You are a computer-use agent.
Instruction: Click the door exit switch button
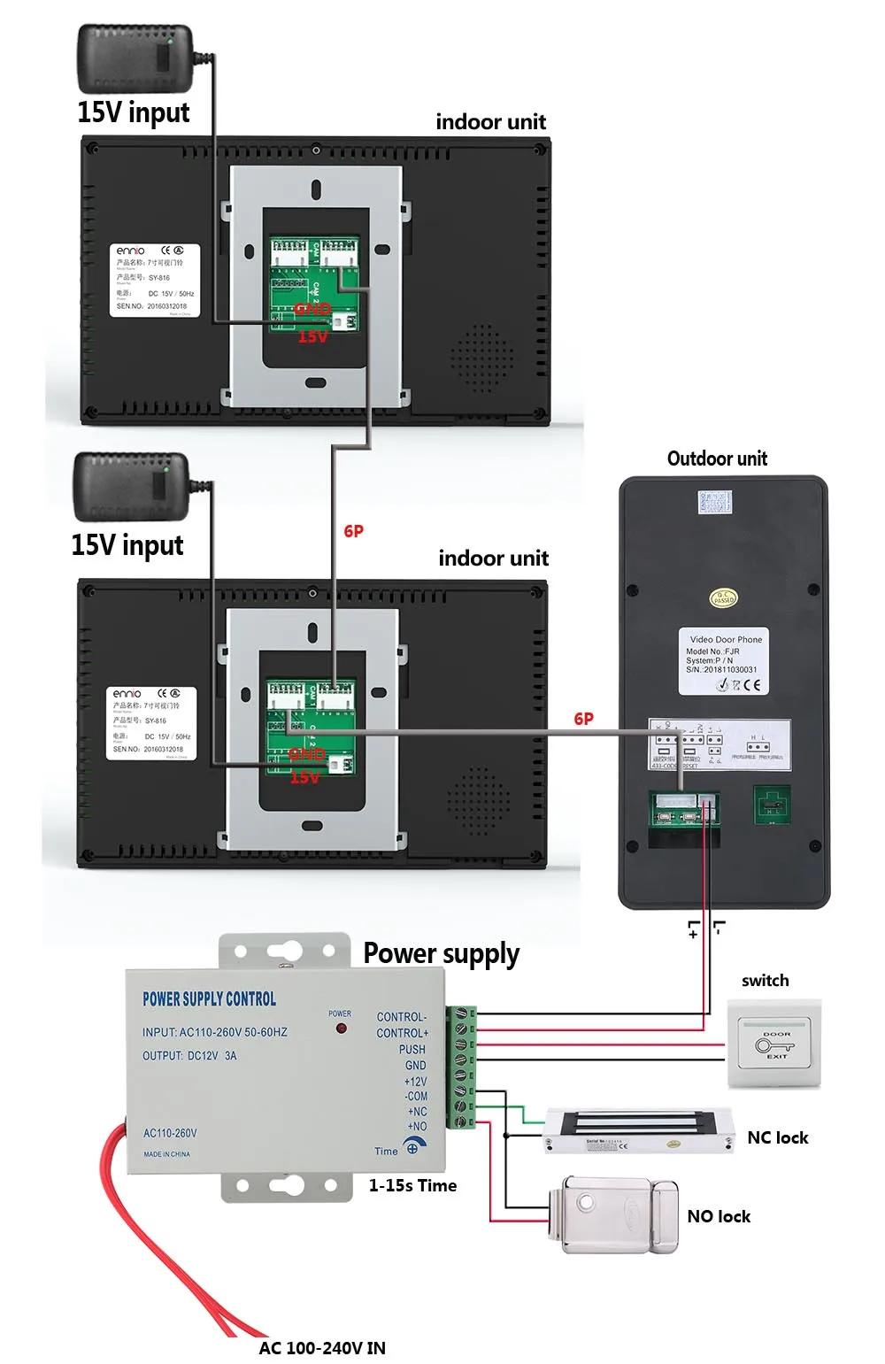[774, 1044]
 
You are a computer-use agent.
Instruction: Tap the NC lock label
[777, 1137]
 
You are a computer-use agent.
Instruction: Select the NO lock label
[718, 1216]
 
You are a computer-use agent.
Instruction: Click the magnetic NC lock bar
[638, 1131]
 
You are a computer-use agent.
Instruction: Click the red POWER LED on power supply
[340, 1029]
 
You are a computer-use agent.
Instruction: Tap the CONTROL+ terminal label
[402, 1033]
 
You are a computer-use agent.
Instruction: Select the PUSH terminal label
[412, 1049]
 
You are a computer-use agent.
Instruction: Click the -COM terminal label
[416, 1096]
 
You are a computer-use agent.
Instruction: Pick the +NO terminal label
[416, 1127]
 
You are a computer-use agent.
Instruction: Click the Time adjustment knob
[412, 1148]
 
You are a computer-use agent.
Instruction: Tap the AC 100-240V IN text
[322, 1347]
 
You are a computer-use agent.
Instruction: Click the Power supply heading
[441, 953]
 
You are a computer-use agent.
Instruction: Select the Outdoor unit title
[717, 459]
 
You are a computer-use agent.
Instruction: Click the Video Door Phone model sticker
[724, 661]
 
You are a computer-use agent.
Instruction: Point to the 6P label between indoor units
[353, 531]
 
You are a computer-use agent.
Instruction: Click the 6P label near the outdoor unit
[583, 719]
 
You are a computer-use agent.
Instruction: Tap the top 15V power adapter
[135, 58]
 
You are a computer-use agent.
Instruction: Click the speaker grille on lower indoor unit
[479, 802]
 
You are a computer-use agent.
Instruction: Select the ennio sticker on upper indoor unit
[155, 280]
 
